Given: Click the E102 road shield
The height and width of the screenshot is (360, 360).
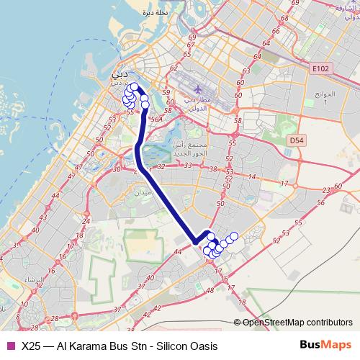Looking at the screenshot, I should (x=320, y=69).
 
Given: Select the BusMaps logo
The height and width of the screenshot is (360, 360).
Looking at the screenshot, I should (x=324, y=346).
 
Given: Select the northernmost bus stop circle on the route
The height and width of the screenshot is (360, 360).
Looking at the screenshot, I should (x=135, y=87).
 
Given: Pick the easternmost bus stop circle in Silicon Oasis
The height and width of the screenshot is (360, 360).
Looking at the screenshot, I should (x=233, y=237).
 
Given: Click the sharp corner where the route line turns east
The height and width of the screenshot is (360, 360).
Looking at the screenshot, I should (x=193, y=242).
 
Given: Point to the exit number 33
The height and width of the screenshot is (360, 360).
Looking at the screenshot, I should (x=186, y=166).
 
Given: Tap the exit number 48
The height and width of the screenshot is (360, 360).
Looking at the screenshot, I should (x=210, y=290).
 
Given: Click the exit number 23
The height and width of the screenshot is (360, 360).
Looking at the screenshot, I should (x=328, y=189).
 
